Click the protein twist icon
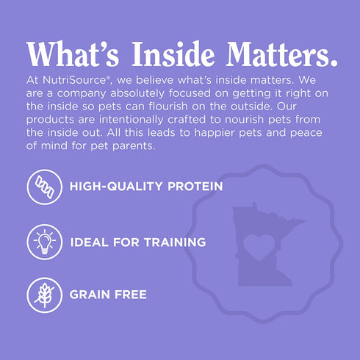43,187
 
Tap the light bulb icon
43,241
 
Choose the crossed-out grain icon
43,294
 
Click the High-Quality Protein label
145,187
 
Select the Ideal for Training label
137,241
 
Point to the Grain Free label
108,295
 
